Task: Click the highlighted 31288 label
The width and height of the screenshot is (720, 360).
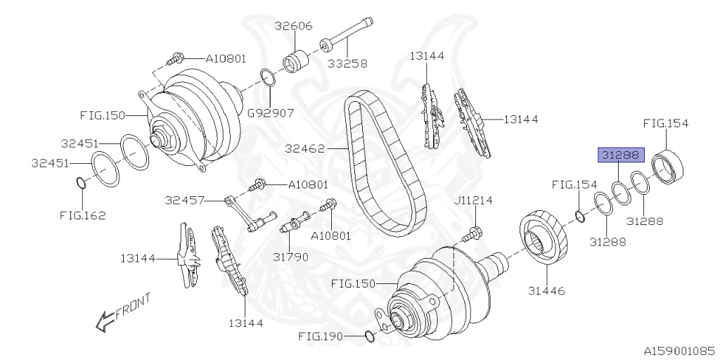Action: pyautogui.click(x=621, y=155)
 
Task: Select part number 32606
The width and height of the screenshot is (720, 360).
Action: pyautogui.click(x=293, y=26)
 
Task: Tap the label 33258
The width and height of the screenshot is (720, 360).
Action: pyautogui.click(x=347, y=63)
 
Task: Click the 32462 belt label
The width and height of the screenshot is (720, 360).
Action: pyautogui.click(x=304, y=149)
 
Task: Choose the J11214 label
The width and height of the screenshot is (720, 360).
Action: pyautogui.click(x=472, y=200)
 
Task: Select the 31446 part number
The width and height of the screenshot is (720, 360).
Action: pyautogui.click(x=546, y=290)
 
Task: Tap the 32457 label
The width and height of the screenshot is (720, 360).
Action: pyautogui.click(x=185, y=200)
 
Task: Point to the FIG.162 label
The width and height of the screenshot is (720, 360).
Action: pyautogui.click(x=83, y=215)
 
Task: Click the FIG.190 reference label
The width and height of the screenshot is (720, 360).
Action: pyautogui.click(x=321, y=337)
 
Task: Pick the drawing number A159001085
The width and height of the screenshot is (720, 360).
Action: pyautogui.click(x=681, y=352)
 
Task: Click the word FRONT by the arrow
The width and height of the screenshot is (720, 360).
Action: pyautogui.click(x=133, y=307)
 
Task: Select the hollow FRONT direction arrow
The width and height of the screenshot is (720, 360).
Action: pyautogui.click(x=105, y=321)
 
